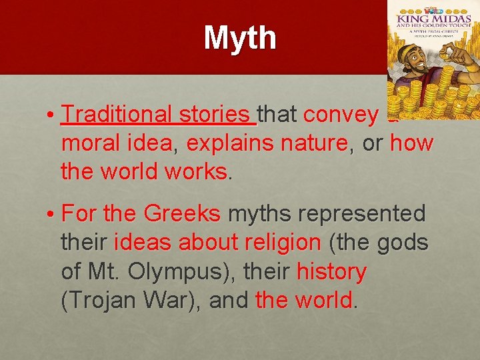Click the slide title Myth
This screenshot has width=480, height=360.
pyautogui.click(x=240, y=38)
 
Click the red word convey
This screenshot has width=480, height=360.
pyautogui.click(x=340, y=115)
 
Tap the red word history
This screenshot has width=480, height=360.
pyautogui.click(x=331, y=272)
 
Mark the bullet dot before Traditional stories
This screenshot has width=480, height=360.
pyautogui.click(x=51, y=115)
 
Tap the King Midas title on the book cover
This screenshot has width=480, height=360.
pyautogui.click(x=433, y=28)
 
